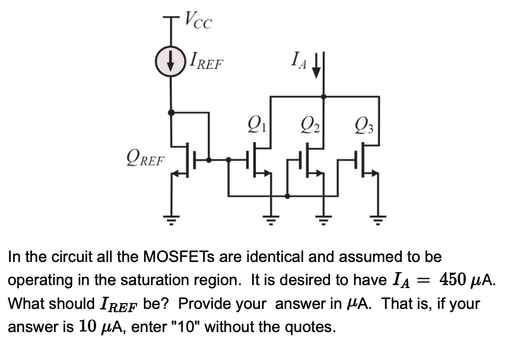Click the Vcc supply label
click(198, 21)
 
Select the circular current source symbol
click(171, 63)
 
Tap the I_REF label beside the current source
click(206, 61)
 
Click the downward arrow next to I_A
click(316, 64)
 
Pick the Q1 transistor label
click(257, 126)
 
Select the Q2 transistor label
click(309, 126)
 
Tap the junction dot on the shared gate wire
click(288, 196)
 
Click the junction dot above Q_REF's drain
click(171, 112)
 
